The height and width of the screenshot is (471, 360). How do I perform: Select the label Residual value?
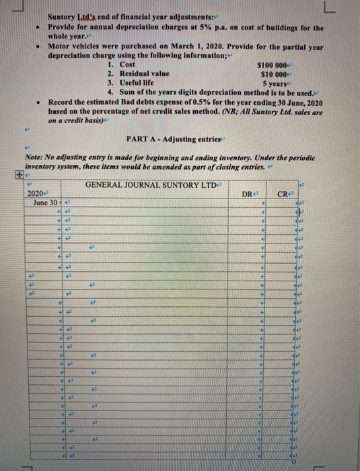[143, 73]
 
